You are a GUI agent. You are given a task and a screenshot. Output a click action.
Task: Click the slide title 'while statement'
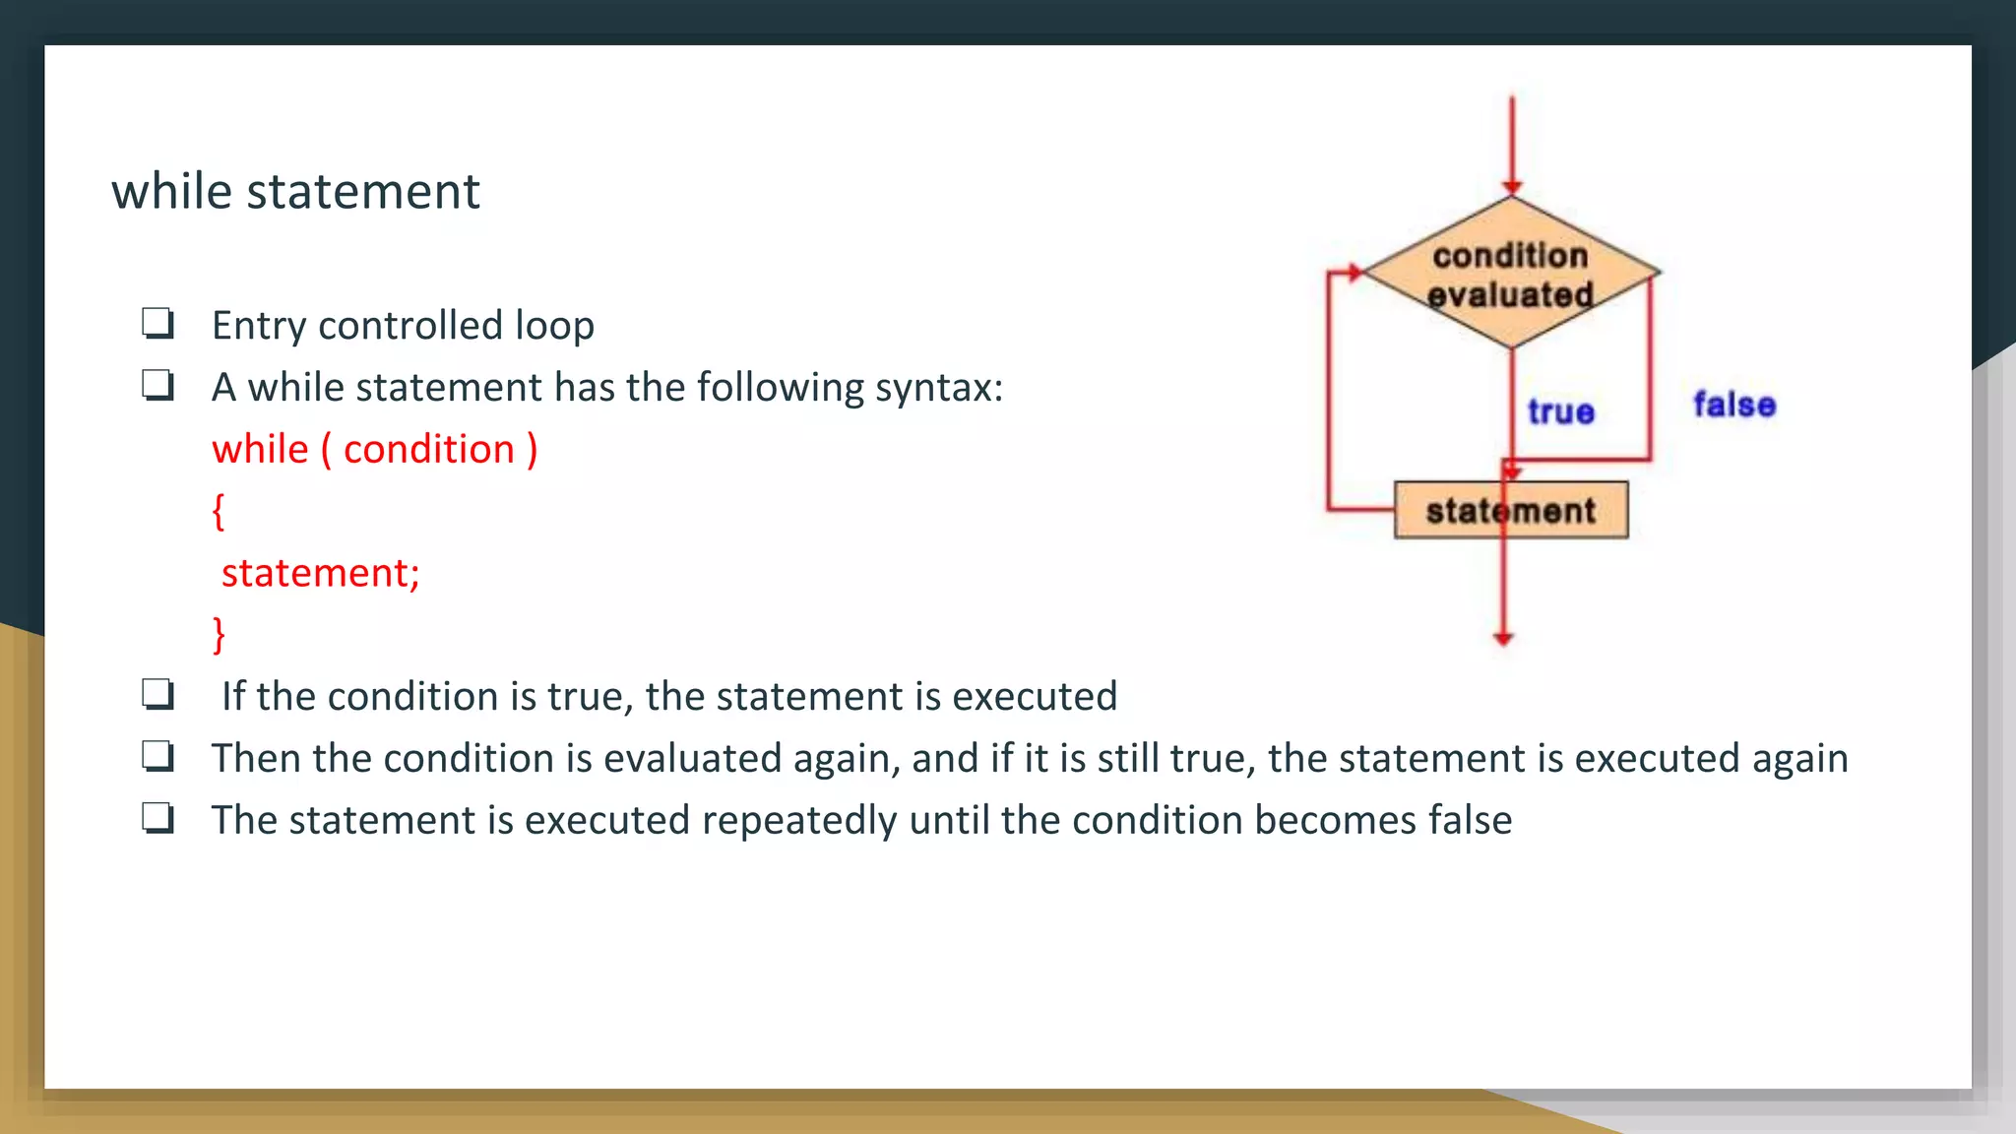[295, 191]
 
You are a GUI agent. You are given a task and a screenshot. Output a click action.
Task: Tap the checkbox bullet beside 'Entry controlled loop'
[157, 324]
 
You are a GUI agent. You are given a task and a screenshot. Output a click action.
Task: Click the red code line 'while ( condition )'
[374, 450]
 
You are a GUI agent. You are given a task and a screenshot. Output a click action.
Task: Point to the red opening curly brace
[219, 512]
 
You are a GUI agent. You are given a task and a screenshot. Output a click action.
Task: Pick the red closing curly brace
[219, 635]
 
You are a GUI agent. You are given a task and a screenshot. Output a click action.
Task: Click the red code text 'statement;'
[321, 573]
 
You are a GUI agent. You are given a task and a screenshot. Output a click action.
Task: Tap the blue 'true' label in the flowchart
[1560, 411]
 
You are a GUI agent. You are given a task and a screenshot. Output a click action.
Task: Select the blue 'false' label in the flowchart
[1734, 405]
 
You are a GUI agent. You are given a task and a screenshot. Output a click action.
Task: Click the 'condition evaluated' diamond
[1511, 274]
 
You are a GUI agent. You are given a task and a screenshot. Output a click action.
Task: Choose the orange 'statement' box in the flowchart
[1511, 510]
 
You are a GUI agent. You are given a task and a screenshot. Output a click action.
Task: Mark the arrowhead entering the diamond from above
[1512, 187]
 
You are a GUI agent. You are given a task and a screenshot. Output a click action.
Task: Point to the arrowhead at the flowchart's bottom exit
[1503, 639]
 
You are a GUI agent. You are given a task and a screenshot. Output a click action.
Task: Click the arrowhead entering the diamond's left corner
[1355, 273]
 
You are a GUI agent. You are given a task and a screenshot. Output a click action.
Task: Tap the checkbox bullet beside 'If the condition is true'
[157, 695]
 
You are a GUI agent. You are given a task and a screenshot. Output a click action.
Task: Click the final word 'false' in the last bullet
[1470, 820]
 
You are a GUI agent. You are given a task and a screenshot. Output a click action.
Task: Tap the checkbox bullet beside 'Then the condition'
[157, 757]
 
